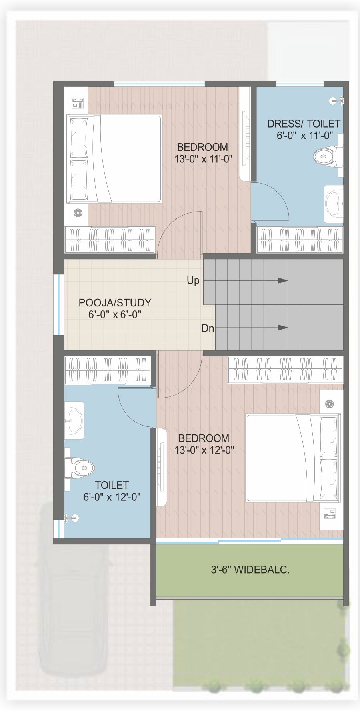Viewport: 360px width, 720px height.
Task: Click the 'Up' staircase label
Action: (193, 281)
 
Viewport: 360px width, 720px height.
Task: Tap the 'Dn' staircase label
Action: (208, 328)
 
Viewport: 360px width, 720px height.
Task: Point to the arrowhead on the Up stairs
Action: (283, 281)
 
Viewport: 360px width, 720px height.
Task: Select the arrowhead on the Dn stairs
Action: (283, 328)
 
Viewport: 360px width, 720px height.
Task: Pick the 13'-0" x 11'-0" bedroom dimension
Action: (203, 159)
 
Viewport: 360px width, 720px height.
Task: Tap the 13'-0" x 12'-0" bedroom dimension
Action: (204, 450)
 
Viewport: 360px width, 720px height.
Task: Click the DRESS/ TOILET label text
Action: (304, 124)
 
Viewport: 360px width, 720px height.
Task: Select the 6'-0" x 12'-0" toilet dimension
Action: (112, 497)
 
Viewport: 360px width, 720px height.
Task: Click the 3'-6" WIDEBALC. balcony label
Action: (250, 570)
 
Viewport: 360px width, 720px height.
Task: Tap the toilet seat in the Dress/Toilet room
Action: (328, 157)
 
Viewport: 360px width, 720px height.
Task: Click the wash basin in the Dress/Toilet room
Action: (334, 204)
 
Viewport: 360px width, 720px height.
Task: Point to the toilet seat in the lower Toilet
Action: (80, 467)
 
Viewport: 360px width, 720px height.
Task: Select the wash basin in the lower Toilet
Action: (74, 420)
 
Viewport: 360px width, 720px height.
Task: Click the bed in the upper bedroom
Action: (114, 159)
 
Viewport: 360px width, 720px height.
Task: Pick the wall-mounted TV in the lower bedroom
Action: (161, 467)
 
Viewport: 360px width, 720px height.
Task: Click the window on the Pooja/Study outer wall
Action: (59, 304)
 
